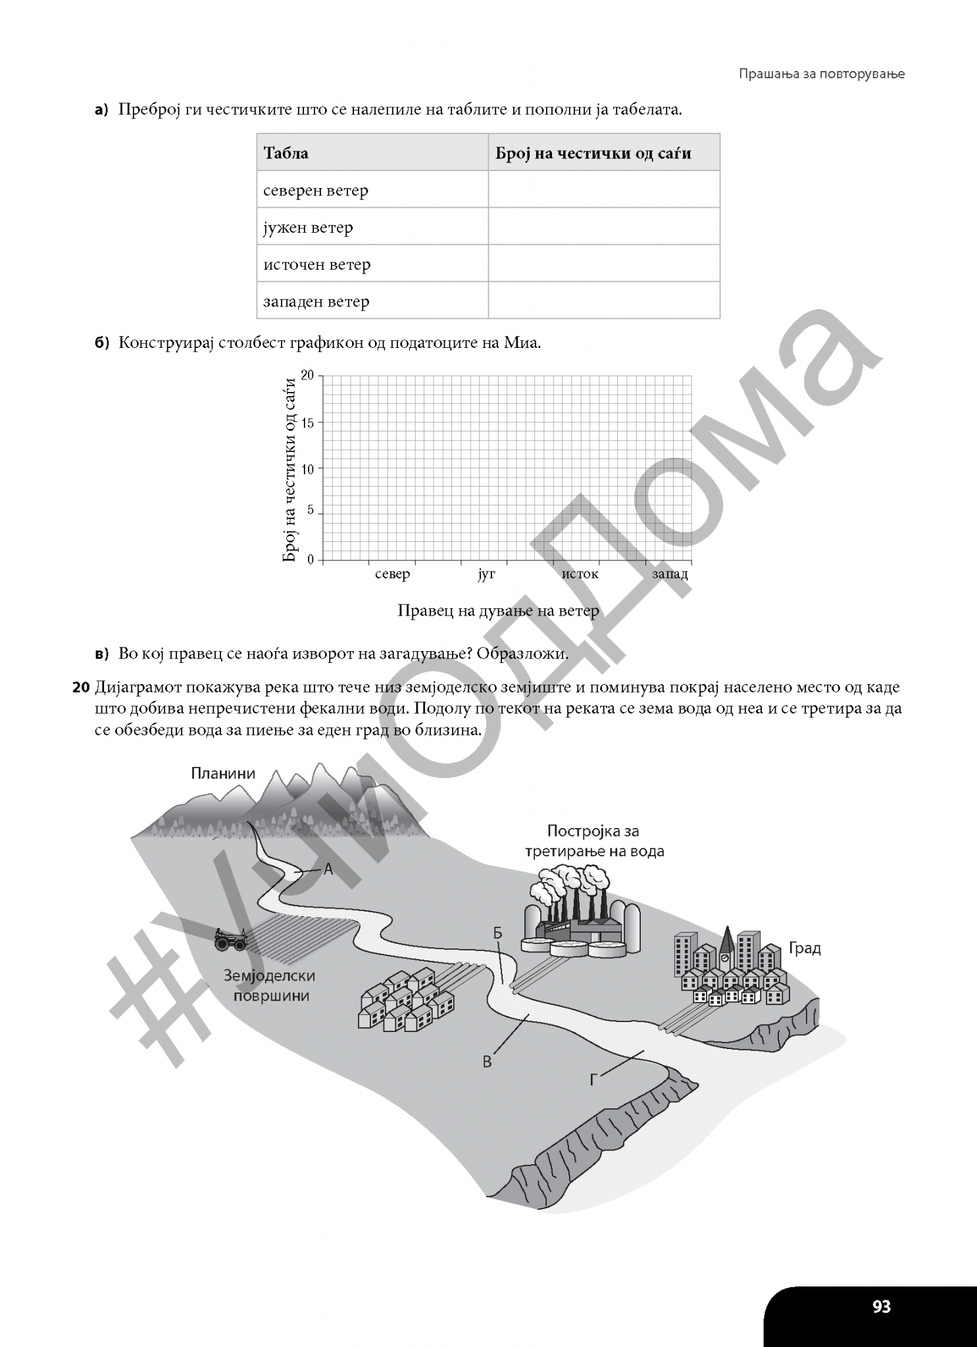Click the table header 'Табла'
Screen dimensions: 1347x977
click(x=286, y=153)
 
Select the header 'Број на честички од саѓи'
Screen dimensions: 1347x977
click(x=593, y=153)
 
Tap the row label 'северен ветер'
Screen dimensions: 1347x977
click(x=316, y=191)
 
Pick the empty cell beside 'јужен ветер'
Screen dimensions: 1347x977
click(x=603, y=227)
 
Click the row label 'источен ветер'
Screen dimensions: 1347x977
click(x=317, y=264)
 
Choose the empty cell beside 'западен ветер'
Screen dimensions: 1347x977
click(x=603, y=301)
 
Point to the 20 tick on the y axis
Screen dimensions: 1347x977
click(x=308, y=376)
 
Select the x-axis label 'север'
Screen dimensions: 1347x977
click(x=392, y=574)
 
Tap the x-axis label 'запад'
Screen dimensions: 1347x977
click(x=670, y=574)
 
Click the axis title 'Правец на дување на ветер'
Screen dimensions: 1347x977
click(x=498, y=611)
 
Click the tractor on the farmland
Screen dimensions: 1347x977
click(x=230, y=940)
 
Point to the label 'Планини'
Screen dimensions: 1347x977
click(x=223, y=773)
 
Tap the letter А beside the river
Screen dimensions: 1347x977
click(x=328, y=869)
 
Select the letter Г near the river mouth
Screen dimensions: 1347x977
click(x=593, y=1080)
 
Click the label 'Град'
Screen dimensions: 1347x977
click(x=805, y=948)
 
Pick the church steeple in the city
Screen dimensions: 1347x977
click(x=727, y=941)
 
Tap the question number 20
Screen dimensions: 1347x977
click(x=81, y=689)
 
